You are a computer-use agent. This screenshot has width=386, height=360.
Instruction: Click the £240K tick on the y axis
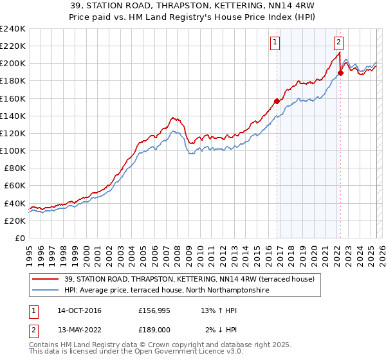click(x=13, y=29)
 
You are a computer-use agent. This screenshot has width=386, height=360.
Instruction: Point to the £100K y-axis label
click(x=13, y=150)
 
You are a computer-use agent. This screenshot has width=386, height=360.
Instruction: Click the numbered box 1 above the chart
click(x=275, y=43)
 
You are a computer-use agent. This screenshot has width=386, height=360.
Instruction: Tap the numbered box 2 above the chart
click(x=338, y=43)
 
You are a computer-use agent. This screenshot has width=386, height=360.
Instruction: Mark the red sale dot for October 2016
click(x=277, y=101)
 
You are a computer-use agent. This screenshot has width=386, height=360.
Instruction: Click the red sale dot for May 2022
click(x=340, y=73)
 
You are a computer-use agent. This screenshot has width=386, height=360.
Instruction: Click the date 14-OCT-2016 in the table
click(x=79, y=311)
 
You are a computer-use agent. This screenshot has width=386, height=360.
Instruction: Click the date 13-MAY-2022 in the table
click(x=79, y=331)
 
